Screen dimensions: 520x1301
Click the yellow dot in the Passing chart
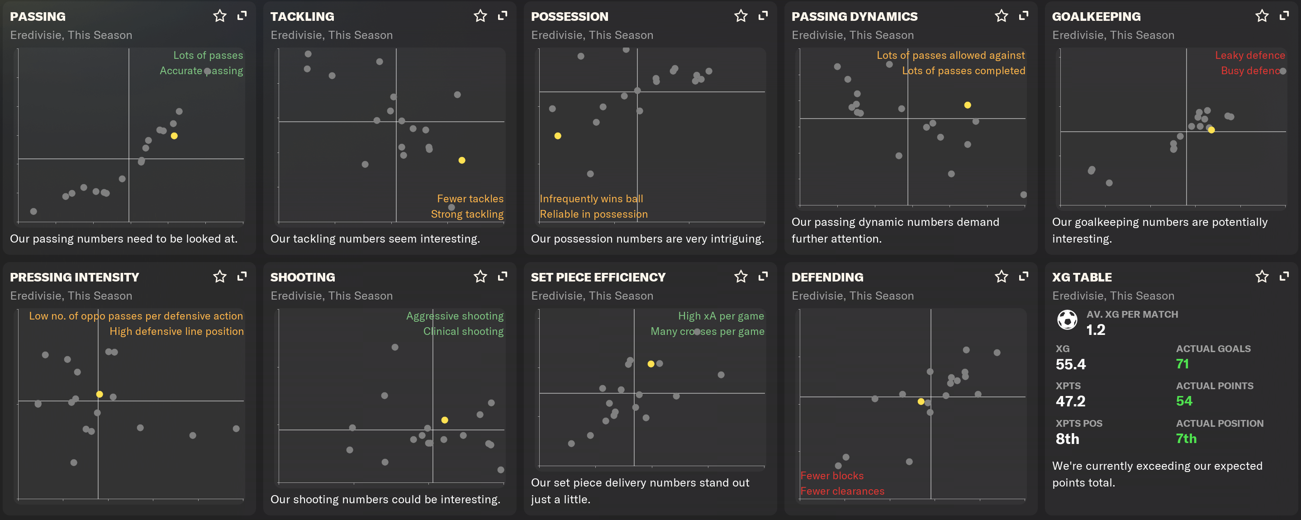pyautogui.click(x=174, y=136)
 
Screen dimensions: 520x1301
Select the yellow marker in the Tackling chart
pyautogui.click(x=461, y=160)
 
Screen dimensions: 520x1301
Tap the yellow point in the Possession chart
pyautogui.click(x=558, y=136)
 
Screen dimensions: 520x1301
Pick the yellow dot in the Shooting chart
pyautogui.click(x=444, y=420)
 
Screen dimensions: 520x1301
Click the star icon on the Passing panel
pyautogui.click(x=220, y=16)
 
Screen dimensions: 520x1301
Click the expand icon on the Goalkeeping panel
pyautogui.click(x=1284, y=16)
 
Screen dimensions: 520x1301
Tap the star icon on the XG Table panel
pyautogui.click(x=1262, y=277)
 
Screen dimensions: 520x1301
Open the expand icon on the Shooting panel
pyautogui.click(x=503, y=277)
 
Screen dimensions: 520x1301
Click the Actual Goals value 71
pyautogui.click(x=1182, y=364)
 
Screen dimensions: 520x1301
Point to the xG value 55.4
pyautogui.click(x=1070, y=364)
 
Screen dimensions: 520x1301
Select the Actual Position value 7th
pyautogui.click(x=1186, y=438)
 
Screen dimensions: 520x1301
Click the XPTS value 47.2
pyautogui.click(x=1070, y=401)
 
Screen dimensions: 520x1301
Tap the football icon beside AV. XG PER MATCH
pyautogui.click(x=1067, y=320)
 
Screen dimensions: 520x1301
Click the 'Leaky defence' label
pyautogui.click(x=1249, y=55)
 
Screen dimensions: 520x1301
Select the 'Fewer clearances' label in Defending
pyautogui.click(x=842, y=491)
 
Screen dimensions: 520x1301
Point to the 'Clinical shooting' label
pyautogui.click(x=463, y=331)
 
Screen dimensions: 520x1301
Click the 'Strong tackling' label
pyautogui.click(x=467, y=214)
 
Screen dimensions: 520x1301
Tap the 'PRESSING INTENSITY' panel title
pyautogui.click(x=74, y=277)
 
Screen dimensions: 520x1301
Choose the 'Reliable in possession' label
pyautogui.click(x=594, y=214)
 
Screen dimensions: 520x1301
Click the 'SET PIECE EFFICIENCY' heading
pyautogui.click(x=598, y=277)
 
